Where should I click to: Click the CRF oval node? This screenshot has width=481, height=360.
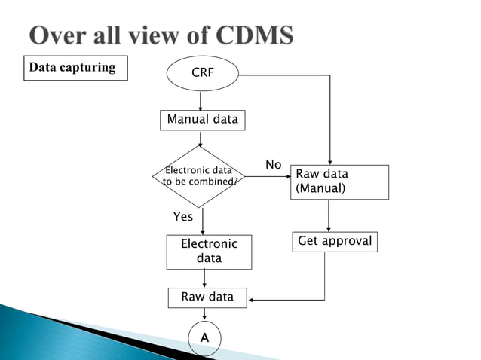pos(201,75)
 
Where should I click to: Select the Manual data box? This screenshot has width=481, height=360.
pos(202,120)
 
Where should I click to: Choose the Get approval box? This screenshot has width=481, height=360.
pos(335,242)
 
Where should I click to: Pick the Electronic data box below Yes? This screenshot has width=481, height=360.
pos(209,252)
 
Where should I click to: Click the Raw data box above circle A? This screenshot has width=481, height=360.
pos(207,297)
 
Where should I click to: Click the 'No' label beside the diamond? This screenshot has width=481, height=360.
pos(273,165)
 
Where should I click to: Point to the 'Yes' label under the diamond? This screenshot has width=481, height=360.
pos(183,217)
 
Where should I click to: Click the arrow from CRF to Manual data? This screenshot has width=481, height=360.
pos(201,100)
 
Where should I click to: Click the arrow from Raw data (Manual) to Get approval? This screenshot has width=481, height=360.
pos(328,216)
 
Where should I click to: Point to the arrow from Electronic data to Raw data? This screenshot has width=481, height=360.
pos(205,278)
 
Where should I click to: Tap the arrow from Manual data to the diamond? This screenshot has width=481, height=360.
pos(201,138)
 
